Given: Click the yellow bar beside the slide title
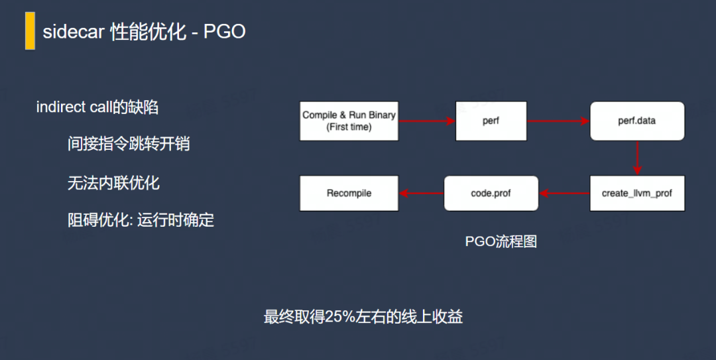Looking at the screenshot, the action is [x=30, y=30].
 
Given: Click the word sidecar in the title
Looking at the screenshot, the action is [x=74, y=32].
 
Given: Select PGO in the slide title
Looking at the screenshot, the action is [x=225, y=32].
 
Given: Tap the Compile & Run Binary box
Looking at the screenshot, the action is [x=349, y=121].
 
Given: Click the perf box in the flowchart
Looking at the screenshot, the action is [x=491, y=121].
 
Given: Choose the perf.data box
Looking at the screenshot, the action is [x=637, y=121].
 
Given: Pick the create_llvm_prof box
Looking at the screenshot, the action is [x=637, y=193].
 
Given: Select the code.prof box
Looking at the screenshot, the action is [x=491, y=193].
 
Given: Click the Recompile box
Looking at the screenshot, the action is [x=349, y=193].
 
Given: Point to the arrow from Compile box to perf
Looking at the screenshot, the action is [x=427, y=121].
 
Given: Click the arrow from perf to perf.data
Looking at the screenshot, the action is [x=558, y=121].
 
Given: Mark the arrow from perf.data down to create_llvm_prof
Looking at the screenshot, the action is [x=638, y=158].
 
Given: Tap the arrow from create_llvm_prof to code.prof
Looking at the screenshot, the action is [x=564, y=193].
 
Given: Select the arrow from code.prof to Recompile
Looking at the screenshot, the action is [x=422, y=193].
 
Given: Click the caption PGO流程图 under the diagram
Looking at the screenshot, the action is [x=501, y=241].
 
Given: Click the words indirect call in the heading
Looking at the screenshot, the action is [x=74, y=107].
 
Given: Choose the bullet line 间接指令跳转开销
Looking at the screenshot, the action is [x=129, y=144].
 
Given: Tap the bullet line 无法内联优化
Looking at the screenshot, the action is [x=114, y=183].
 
